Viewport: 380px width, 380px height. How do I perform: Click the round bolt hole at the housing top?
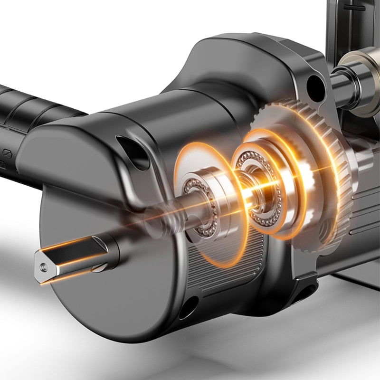click(x=315, y=85)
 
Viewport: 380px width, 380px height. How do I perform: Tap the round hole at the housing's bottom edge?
click(x=188, y=307)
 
